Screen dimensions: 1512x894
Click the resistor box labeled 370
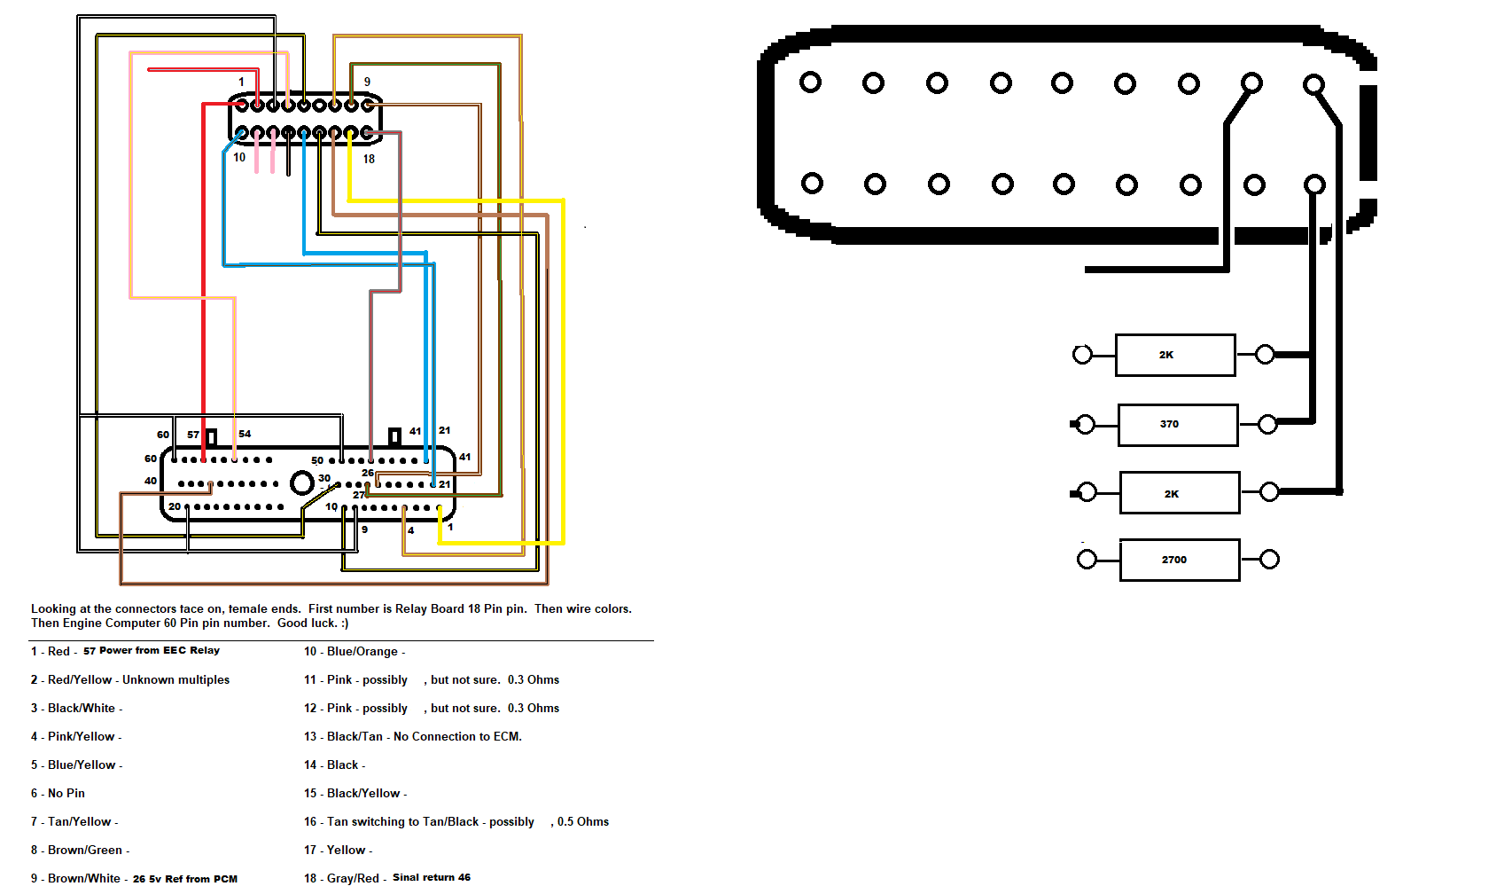(1178, 425)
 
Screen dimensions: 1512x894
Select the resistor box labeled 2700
(1180, 560)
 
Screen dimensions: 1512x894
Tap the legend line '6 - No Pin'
(58, 794)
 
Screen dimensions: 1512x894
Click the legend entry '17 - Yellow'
(338, 851)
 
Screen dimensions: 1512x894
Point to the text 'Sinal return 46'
(432, 878)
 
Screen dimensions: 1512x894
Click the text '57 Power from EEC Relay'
(152, 651)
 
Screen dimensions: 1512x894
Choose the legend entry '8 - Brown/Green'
(80, 851)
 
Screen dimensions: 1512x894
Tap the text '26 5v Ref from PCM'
(185, 879)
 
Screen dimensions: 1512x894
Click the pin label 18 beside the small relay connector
(369, 160)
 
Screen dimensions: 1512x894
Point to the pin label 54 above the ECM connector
(245, 435)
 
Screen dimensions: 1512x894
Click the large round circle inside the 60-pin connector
(301, 482)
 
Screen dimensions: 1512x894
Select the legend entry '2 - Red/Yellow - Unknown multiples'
(129, 680)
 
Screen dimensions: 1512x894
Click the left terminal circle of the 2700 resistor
(1087, 560)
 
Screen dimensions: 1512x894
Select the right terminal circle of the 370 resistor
(1267, 424)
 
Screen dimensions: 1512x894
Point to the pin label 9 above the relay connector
(367, 82)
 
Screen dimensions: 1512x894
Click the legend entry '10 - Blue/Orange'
(355, 652)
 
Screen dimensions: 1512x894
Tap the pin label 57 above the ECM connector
(193, 435)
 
